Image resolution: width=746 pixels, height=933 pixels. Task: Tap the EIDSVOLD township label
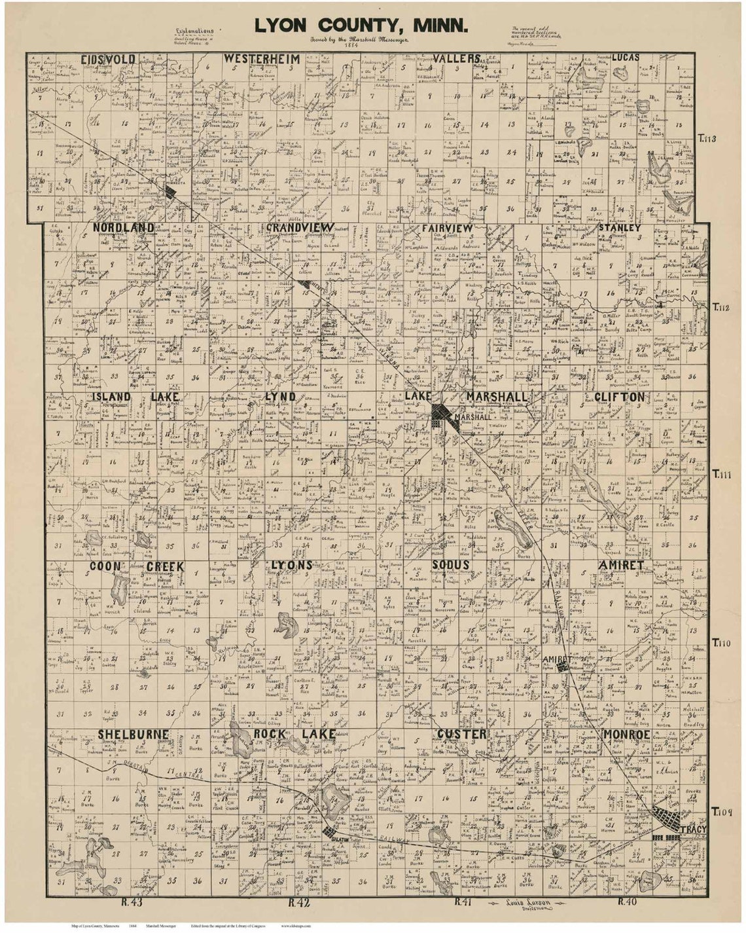(109, 60)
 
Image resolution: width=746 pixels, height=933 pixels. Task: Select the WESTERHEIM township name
(262, 59)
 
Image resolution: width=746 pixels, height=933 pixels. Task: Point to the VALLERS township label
(457, 58)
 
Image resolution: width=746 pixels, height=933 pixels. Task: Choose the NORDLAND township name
(124, 227)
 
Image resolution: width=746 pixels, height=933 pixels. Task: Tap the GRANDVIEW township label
(300, 227)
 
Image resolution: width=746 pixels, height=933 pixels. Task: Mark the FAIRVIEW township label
(447, 227)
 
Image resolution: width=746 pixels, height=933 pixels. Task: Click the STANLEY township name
(619, 227)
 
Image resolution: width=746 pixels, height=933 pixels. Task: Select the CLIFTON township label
(619, 397)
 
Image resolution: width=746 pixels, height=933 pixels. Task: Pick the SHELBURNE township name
(133, 735)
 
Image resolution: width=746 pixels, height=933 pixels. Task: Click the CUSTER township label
(462, 735)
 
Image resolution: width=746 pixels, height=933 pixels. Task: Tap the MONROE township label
(626, 735)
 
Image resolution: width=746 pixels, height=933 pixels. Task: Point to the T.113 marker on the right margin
(707, 138)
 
